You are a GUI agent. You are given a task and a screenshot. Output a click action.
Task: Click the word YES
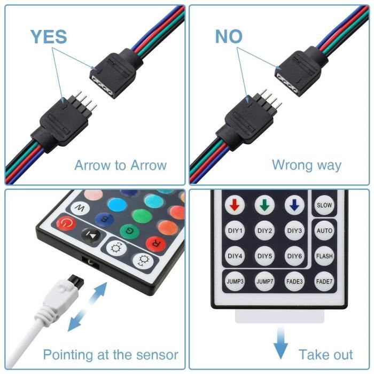pyautogui.click(x=49, y=36)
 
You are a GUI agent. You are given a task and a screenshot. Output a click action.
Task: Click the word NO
pyautogui.click(x=229, y=36)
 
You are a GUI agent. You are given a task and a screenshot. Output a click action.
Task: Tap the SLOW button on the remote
pyautogui.click(x=324, y=205)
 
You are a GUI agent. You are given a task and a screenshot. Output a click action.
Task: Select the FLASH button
pyautogui.click(x=324, y=256)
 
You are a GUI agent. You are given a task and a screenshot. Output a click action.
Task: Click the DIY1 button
pyautogui.click(x=235, y=231)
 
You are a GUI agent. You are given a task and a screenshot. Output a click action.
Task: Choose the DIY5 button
pyautogui.click(x=265, y=256)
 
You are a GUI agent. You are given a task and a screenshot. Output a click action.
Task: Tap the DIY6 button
pyautogui.click(x=295, y=256)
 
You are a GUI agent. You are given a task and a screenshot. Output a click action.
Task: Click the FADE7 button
pyautogui.click(x=324, y=281)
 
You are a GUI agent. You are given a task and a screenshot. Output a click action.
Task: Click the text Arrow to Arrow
pyautogui.click(x=120, y=165)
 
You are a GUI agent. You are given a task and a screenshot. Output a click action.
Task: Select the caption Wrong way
pyautogui.click(x=306, y=165)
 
